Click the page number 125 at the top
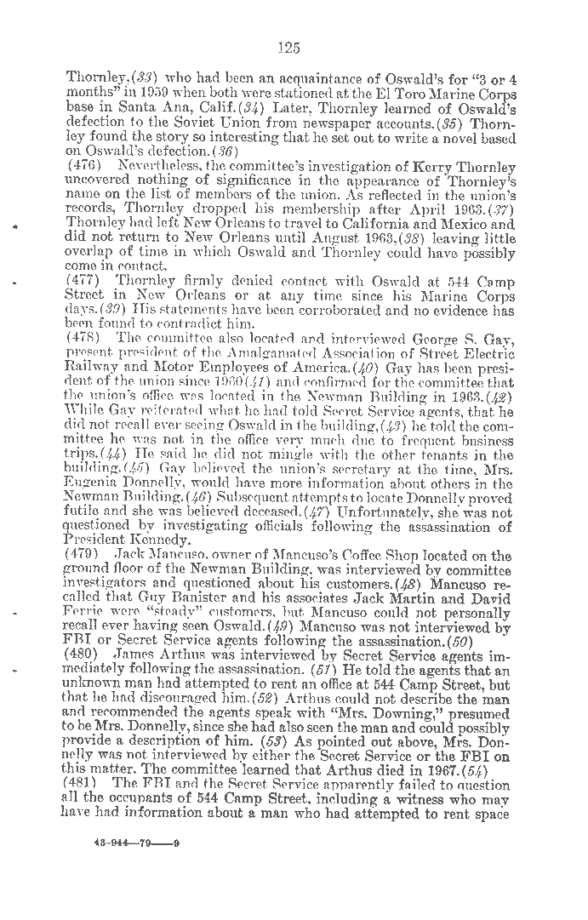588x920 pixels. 288,48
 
